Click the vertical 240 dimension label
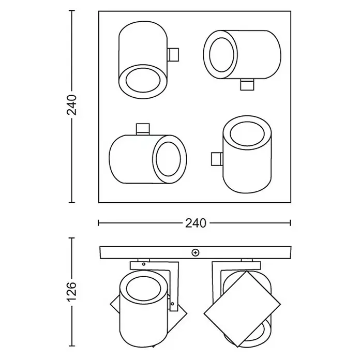[x=71, y=104]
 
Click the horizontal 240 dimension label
[x=196, y=223]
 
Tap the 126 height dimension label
[x=71, y=292]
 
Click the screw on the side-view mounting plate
[x=196, y=253]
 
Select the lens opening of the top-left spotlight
[x=143, y=80]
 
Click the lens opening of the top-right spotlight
[x=222, y=55]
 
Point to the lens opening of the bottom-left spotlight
[x=168, y=159]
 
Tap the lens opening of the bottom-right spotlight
[x=247, y=135]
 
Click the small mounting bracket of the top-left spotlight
[x=173, y=55]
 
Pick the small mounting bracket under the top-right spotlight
[x=247, y=84]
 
